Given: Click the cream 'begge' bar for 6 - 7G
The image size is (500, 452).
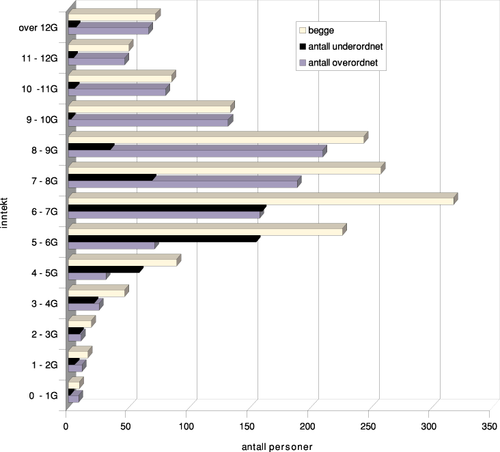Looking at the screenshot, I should (260, 201).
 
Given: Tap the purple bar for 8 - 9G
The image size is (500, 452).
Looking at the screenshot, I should (195, 153).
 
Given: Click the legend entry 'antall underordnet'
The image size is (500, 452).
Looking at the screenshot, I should (343, 46).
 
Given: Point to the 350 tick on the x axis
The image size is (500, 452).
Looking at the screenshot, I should (490, 427).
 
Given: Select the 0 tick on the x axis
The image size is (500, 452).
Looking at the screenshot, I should (66, 427).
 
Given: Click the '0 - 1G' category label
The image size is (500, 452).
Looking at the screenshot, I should (44, 395).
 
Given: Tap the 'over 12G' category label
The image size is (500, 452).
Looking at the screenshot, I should (39, 28).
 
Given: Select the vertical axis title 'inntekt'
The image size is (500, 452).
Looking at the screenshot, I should (5, 211).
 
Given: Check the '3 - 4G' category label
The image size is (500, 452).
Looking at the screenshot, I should (44, 303).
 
